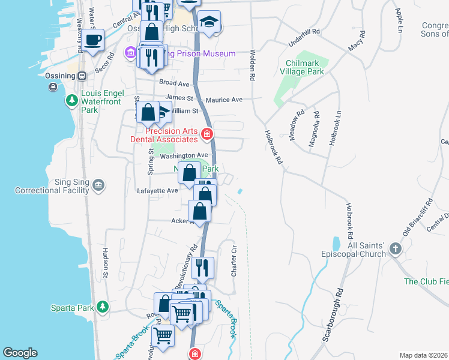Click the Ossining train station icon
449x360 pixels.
click(x=82, y=76)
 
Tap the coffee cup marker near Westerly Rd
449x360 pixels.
click(x=92, y=41)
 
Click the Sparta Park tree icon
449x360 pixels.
click(x=103, y=307)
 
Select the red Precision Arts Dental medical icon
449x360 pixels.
click(x=207, y=134)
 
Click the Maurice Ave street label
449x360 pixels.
click(x=224, y=100)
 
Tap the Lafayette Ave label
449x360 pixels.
click(x=158, y=190)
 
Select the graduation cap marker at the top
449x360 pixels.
click(x=209, y=22)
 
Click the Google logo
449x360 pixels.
click(x=20, y=353)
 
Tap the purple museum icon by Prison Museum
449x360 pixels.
click(x=130, y=53)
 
